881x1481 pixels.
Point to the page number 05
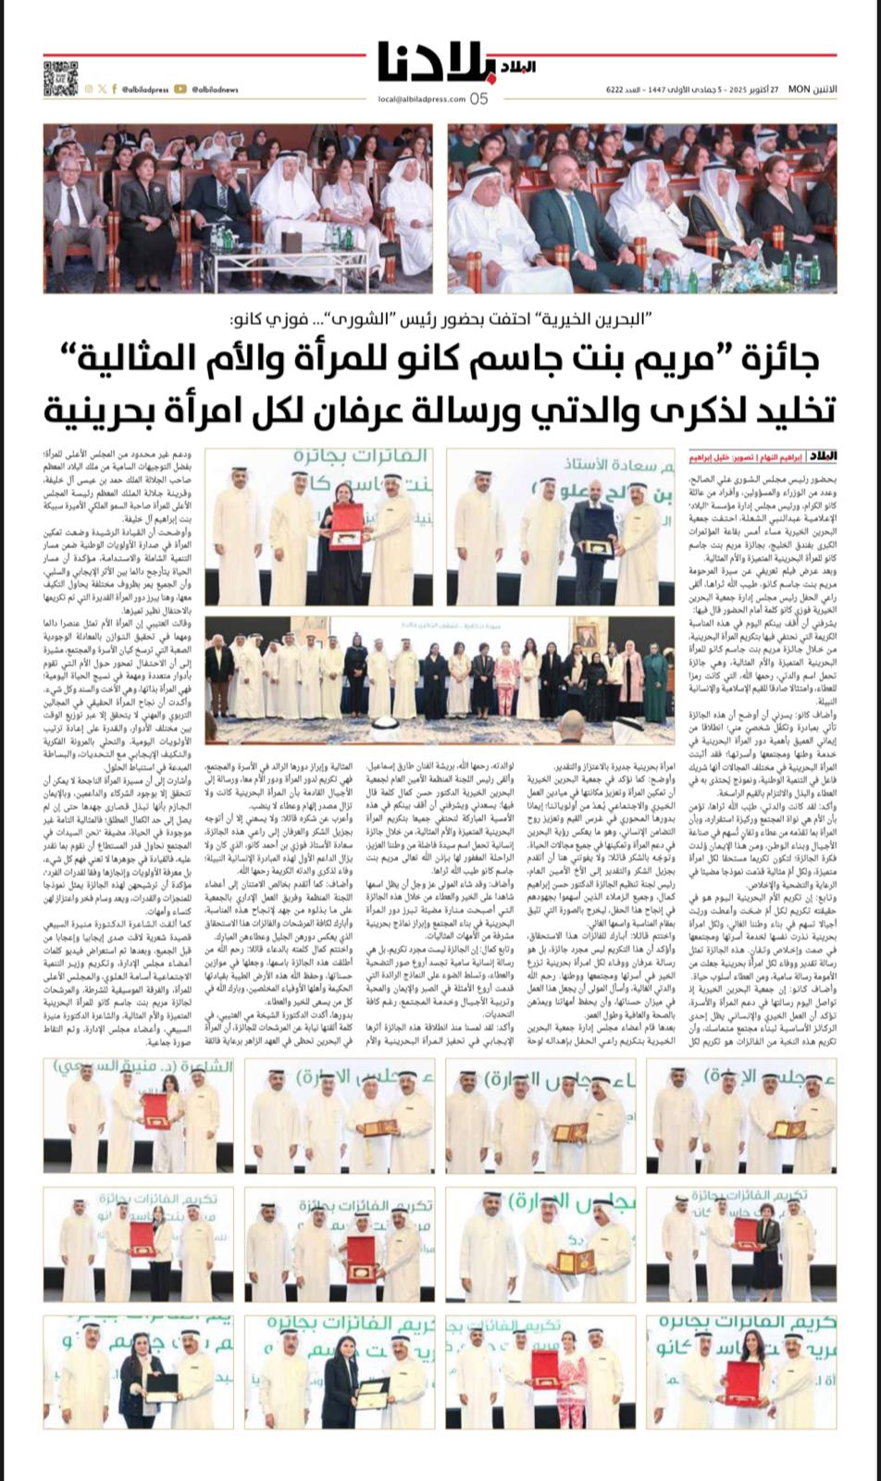pyautogui.click(x=478, y=99)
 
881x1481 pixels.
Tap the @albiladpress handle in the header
pyautogui.click(x=144, y=90)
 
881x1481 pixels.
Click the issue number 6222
pyautogui.click(x=614, y=89)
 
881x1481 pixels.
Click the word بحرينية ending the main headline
pyautogui.click(x=102, y=408)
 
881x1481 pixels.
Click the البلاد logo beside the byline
pyautogui.click(x=821, y=457)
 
